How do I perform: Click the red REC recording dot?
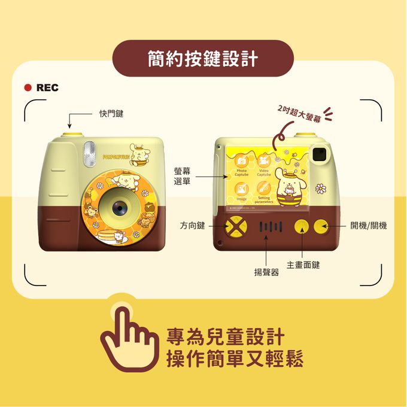(28, 88)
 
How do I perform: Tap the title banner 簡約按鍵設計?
(203, 59)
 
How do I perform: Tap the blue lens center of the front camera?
(118, 206)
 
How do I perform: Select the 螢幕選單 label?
(183, 176)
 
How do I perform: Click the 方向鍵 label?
(193, 226)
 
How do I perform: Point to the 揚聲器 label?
(267, 272)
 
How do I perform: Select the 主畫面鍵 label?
(303, 265)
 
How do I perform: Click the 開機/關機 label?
(369, 226)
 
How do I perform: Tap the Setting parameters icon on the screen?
(264, 188)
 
